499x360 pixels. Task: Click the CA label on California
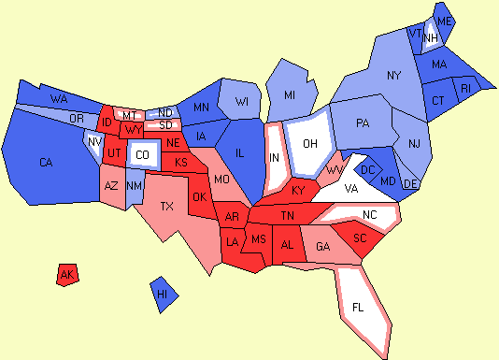pyautogui.click(x=46, y=163)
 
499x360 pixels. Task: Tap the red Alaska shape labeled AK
pyautogui.click(x=66, y=275)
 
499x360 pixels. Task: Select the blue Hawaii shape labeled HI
pyautogui.click(x=163, y=294)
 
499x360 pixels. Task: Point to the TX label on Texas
pyautogui.click(x=167, y=206)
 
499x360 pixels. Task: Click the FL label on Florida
pyautogui.click(x=359, y=307)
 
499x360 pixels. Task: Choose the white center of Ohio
pyautogui.click(x=310, y=144)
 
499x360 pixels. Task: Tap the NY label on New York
pyautogui.click(x=393, y=75)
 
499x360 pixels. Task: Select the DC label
pyautogui.click(x=368, y=169)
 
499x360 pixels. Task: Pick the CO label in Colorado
pyautogui.click(x=142, y=154)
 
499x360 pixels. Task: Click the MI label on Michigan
pyautogui.click(x=290, y=95)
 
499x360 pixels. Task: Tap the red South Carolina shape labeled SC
pyautogui.click(x=358, y=238)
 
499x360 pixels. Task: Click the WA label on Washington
pyautogui.click(x=59, y=98)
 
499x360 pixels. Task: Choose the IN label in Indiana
pyautogui.click(x=275, y=158)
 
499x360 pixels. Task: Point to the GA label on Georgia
pyautogui.click(x=322, y=247)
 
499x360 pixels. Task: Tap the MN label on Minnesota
pyautogui.click(x=201, y=108)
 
